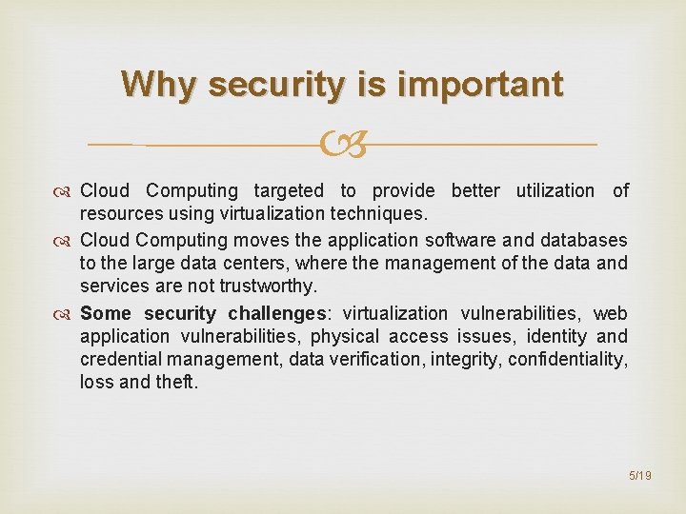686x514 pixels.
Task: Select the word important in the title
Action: [x=481, y=85]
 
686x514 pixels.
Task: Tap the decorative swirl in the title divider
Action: [x=343, y=146]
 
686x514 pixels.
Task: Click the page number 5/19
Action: [x=638, y=474]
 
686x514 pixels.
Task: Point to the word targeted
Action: [x=289, y=191]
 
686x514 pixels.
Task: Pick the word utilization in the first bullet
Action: [x=555, y=191]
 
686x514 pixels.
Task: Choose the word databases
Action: [x=585, y=240]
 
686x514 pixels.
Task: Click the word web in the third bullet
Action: [x=611, y=313]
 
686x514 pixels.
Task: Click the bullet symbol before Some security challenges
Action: [x=67, y=313]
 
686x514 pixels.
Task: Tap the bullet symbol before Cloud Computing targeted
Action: [x=67, y=191]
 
